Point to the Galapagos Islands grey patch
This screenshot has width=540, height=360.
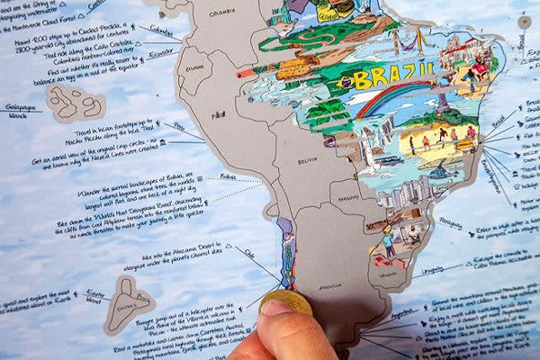pyautogui.click(x=75, y=102)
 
